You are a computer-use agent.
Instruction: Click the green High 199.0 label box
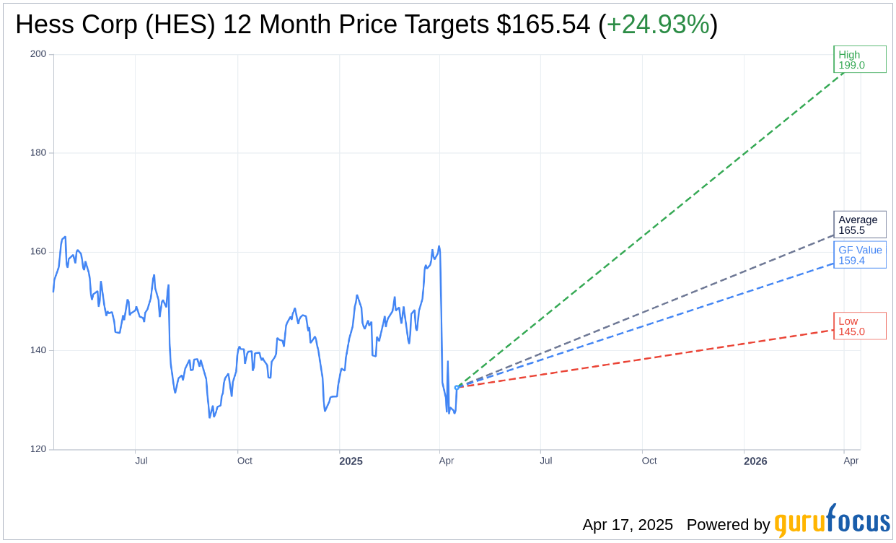coord(859,59)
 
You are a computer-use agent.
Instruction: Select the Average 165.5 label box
coord(859,225)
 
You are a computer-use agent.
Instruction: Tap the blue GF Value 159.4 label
coord(859,255)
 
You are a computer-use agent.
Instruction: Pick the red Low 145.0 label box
coord(859,326)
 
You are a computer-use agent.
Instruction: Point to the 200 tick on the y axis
coord(38,54)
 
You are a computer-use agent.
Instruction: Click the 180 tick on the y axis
coord(38,153)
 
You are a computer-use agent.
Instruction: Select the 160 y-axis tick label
coord(38,252)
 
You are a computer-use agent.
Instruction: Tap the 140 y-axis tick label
coord(38,350)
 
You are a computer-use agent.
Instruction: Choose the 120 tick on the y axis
coord(38,449)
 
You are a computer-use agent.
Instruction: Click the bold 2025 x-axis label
coord(351,461)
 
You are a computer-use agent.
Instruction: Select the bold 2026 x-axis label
coord(755,461)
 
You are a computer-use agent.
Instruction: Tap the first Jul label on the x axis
coord(141,461)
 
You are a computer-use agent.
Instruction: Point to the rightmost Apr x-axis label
coord(851,461)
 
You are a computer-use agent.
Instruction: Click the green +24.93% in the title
coord(657,25)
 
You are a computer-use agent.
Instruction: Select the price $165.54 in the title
coord(543,25)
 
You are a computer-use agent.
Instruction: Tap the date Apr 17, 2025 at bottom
coord(628,524)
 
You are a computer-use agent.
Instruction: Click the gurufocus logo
coord(832,521)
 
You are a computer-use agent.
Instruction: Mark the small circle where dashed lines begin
coord(457,388)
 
